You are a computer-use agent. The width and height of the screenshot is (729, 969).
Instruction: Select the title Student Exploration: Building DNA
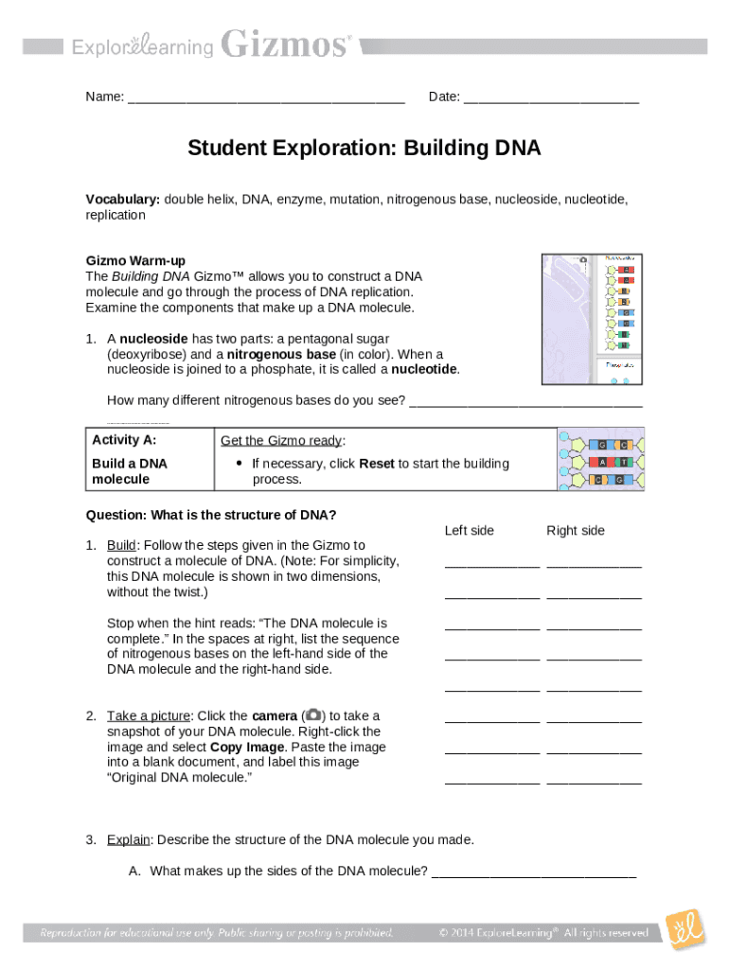click(364, 149)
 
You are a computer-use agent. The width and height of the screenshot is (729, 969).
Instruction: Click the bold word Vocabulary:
click(123, 200)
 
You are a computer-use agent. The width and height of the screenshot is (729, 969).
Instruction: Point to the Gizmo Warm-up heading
click(135, 260)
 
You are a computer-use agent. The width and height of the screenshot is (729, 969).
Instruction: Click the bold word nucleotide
click(425, 369)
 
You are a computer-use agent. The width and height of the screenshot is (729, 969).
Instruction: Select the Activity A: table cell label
click(124, 440)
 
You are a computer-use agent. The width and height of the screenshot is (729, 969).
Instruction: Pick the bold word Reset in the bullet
click(376, 464)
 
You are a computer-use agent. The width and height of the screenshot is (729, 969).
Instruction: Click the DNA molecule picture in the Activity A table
click(602, 459)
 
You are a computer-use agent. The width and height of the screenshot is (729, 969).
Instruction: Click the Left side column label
click(469, 531)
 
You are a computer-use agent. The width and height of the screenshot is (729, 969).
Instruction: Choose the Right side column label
click(575, 531)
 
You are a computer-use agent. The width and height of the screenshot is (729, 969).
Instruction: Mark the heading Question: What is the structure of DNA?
click(211, 516)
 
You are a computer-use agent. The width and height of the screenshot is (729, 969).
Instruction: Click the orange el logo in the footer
click(685, 931)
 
